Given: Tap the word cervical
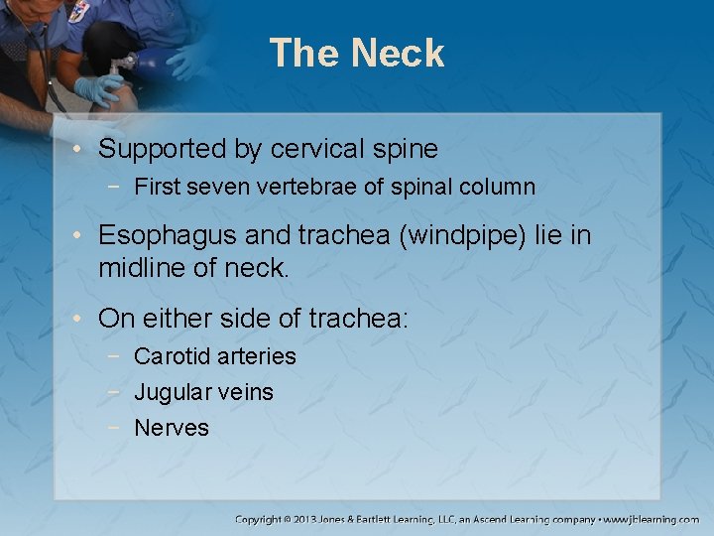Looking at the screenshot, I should click(314, 150).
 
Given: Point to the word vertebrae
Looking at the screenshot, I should click(313, 187).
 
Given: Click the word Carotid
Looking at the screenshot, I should click(170, 356).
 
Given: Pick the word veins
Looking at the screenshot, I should click(244, 392).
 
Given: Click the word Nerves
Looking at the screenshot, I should click(172, 428).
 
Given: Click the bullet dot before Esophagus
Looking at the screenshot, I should click(77, 236).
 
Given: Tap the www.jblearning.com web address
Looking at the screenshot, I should click(653, 519).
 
